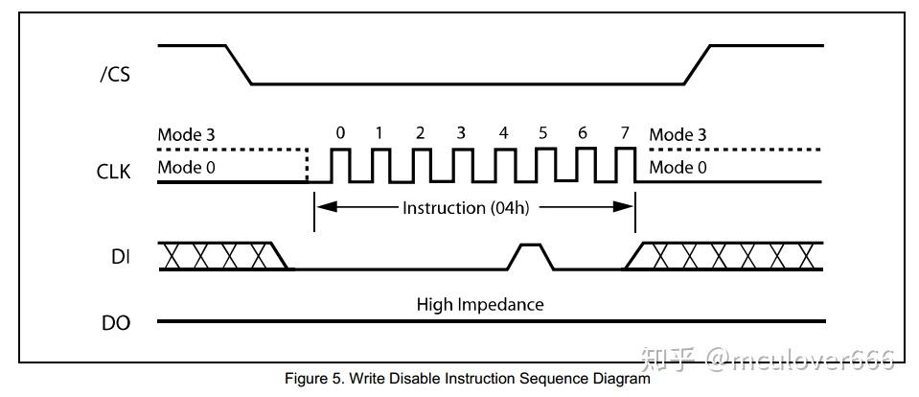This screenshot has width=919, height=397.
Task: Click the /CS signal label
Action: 115,74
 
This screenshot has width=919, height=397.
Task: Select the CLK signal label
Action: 115,174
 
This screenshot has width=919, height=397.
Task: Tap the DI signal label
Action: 121,256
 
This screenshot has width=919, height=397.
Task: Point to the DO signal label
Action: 115,323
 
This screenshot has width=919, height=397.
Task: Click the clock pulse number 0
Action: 340,133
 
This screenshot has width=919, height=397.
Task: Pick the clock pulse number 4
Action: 504,133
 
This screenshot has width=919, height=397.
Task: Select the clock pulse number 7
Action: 625,133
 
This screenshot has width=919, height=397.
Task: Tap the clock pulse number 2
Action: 421,133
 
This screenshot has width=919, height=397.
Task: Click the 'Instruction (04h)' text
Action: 466,208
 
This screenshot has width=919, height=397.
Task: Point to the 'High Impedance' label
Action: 479,305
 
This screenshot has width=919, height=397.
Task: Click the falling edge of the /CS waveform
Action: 239,64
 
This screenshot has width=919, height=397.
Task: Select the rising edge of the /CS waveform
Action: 697,64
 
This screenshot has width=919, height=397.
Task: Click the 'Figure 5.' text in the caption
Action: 308,379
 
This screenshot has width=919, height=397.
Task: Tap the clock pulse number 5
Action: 543,133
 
